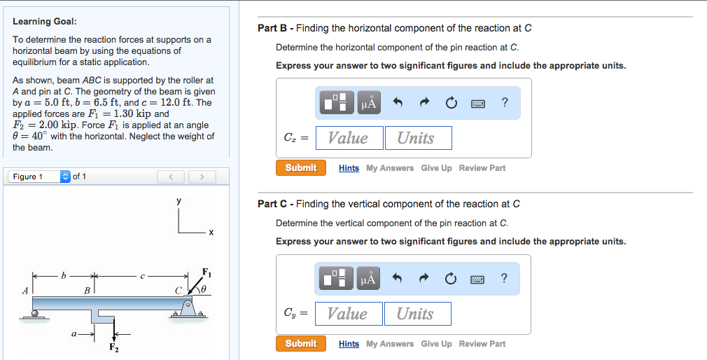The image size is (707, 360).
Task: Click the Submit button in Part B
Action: (x=300, y=168)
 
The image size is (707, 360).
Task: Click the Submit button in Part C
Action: (x=300, y=344)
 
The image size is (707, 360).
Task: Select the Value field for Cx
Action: (x=349, y=138)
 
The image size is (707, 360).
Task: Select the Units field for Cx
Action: (x=417, y=138)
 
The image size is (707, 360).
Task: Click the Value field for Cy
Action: (x=348, y=314)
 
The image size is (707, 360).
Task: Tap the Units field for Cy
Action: (x=416, y=314)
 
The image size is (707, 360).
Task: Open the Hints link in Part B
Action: (x=349, y=168)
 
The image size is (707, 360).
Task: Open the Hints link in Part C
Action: (x=349, y=344)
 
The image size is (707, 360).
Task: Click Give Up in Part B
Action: (x=436, y=168)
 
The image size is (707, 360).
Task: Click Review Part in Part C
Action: (x=482, y=344)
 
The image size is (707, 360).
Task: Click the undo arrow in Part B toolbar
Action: (x=398, y=103)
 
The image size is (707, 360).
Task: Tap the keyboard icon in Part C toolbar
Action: (x=477, y=279)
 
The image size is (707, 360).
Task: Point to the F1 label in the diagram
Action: (x=206, y=272)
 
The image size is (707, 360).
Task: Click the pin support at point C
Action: (x=187, y=308)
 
